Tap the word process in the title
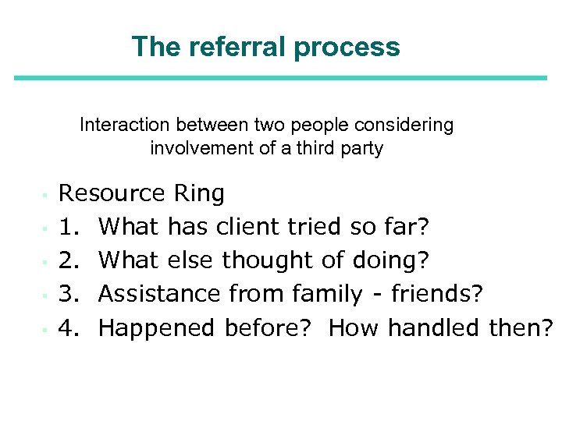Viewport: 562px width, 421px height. point(347,48)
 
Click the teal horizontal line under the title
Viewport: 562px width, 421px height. point(281,77)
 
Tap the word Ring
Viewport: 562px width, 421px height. point(199,193)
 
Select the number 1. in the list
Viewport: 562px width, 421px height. point(71,227)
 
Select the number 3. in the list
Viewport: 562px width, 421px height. point(71,294)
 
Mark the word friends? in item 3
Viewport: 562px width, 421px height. point(437,294)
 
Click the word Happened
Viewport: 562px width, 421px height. point(157,328)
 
